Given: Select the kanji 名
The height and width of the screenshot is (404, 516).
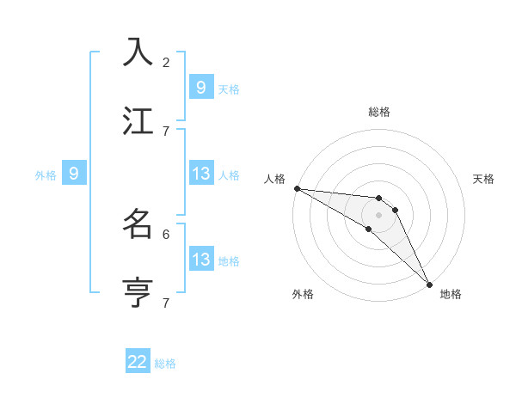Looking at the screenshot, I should click(138, 223).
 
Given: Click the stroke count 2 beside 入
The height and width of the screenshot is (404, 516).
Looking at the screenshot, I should click(166, 62).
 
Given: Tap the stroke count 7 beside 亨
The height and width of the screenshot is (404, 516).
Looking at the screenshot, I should click(166, 303).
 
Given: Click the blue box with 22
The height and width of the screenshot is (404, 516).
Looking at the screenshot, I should click(138, 363).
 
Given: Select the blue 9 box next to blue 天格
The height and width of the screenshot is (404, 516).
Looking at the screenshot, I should click(200, 88).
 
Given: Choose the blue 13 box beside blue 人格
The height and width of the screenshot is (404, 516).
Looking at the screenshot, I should click(200, 174).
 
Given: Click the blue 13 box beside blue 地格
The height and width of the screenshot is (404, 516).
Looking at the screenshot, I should click(200, 260).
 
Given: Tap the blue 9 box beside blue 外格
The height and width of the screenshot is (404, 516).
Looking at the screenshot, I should click(74, 174).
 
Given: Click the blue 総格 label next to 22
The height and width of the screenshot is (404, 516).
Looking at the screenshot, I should click(165, 364).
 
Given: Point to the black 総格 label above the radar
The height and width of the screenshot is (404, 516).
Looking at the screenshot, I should click(379, 112).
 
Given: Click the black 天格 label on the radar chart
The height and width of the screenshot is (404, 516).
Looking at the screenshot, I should click(483, 179).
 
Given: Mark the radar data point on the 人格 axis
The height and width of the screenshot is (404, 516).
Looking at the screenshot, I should click(297, 188).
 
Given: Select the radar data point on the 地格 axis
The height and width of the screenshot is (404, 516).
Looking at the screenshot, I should click(429, 284).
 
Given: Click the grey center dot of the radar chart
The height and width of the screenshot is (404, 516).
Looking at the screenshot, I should click(379, 215).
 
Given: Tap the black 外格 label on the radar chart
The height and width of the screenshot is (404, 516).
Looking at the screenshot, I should click(303, 294).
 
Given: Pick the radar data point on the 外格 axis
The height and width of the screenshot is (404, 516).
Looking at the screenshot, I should click(369, 229).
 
